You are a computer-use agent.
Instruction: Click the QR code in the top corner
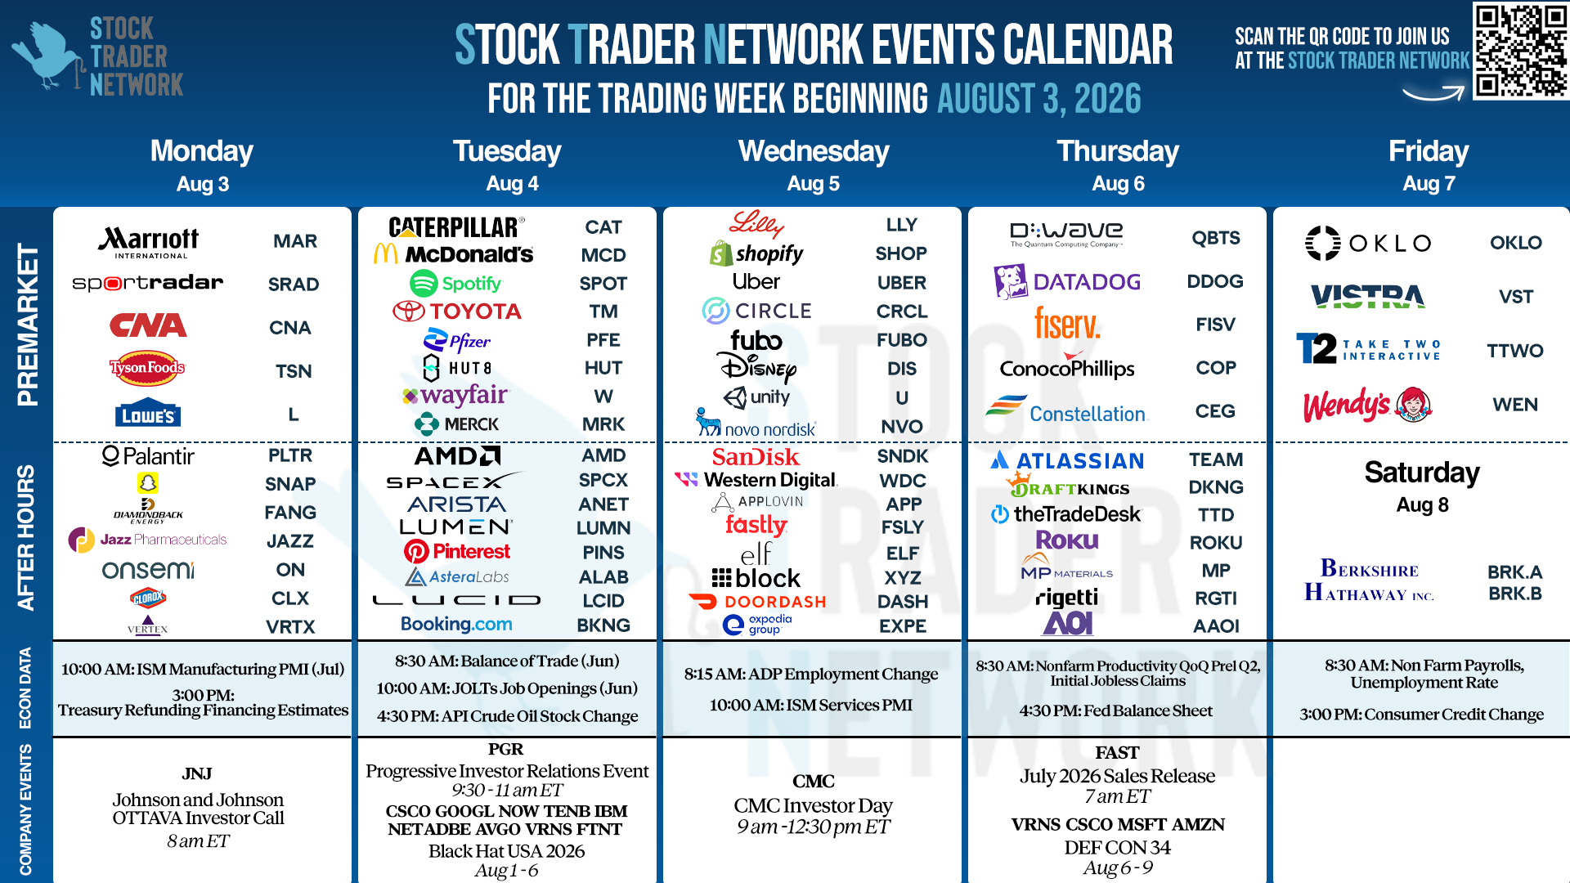(x=1521, y=51)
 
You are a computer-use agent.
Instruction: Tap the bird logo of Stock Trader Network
(x=47, y=56)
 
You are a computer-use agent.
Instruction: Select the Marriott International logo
(x=149, y=242)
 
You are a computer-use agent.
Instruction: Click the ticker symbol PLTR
(x=290, y=455)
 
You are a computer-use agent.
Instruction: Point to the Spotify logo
(x=455, y=284)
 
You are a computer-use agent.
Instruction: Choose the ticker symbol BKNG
(x=603, y=625)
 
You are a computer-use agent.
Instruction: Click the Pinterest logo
(x=457, y=552)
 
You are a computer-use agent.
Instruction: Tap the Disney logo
(x=757, y=368)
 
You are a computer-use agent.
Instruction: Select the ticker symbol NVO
(x=902, y=427)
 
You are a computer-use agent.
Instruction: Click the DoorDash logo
(x=758, y=602)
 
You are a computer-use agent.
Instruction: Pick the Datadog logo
(x=1067, y=282)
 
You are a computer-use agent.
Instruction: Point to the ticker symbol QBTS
(x=1216, y=238)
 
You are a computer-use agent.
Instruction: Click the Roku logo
(x=1067, y=540)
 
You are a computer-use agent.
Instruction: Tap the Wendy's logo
(x=1367, y=405)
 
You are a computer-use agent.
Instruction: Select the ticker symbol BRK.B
(x=1515, y=594)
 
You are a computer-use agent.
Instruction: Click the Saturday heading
(x=1422, y=473)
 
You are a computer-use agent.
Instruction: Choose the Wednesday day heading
(x=814, y=151)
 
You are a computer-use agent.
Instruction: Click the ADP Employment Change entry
(x=811, y=674)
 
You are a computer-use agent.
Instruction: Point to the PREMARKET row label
(x=27, y=325)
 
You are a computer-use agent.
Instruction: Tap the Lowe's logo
(x=148, y=415)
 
